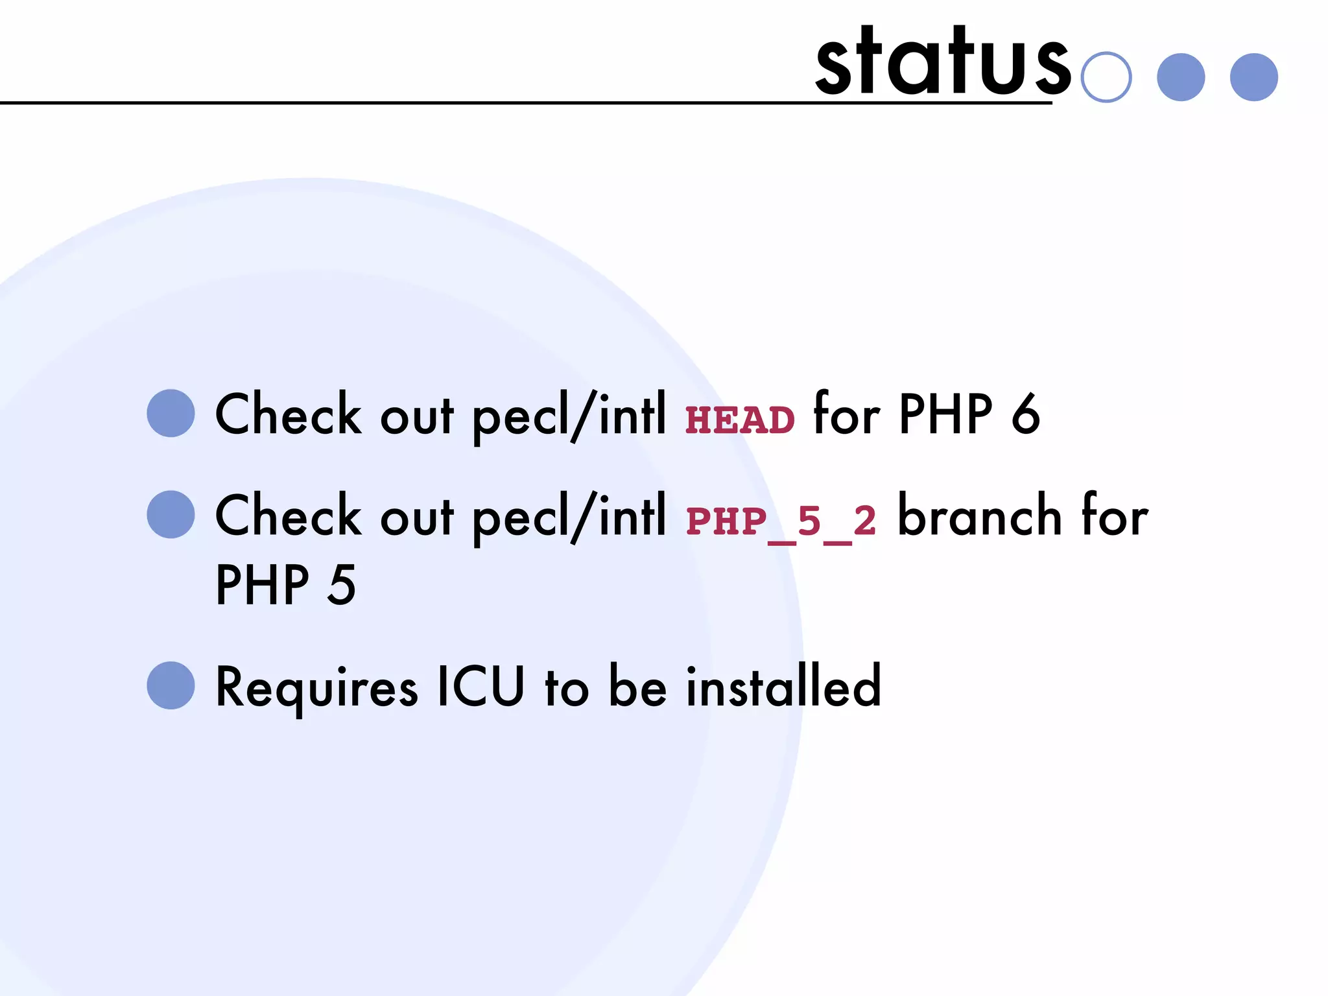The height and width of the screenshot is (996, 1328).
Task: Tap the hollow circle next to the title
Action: click(x=1106, y=77)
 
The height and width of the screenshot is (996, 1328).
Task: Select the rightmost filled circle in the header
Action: click(x=1253, y=77)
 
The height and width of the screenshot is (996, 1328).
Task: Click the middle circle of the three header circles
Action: click(x=1181, y=77)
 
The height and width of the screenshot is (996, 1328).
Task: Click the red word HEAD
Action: click(x=740, y=420)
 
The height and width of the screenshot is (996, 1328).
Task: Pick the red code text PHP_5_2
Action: click(x=781, y=521)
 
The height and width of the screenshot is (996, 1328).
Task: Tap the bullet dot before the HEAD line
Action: click(x=171, y=414)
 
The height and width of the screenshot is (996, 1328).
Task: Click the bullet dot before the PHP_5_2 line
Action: click(x=171, y=515)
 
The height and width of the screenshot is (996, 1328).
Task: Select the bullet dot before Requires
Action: click(x=171, y=685)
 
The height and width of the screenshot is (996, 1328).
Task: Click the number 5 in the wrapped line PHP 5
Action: click(x=342, y=585)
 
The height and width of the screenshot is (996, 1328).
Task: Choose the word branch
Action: click(x=979, y=516)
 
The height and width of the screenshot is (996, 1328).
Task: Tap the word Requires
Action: click(x=316, y=687)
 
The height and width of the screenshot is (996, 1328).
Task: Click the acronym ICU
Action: click(x=480, y=686)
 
